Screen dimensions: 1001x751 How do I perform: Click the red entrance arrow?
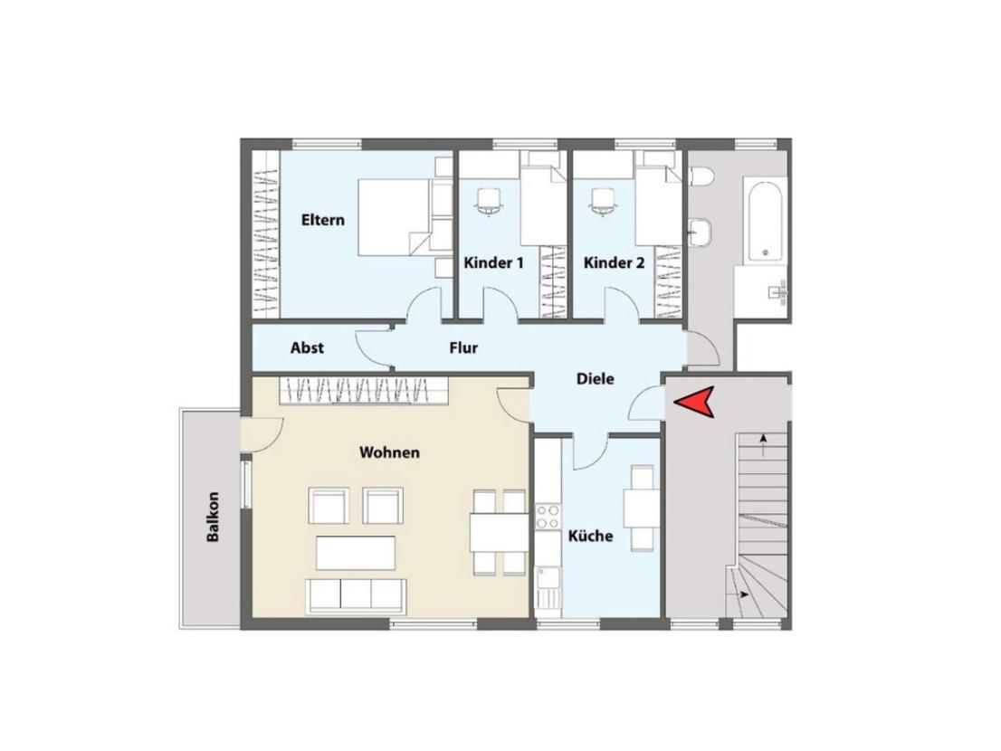point(696,403)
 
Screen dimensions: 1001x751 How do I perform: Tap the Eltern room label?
point(322,220)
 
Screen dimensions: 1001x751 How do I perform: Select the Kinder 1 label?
point(493,263)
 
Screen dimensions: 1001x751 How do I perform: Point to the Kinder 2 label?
point(615,263)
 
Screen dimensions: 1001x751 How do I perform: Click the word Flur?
point(463,348)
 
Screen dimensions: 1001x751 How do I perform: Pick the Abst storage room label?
point(307,348)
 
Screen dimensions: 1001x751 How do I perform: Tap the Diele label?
point(595,379)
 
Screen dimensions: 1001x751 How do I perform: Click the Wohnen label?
point(389,453)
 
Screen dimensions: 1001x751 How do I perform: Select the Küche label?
point(590,536)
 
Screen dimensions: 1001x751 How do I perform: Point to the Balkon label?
point(213,517)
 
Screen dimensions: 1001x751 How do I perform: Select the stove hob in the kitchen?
point(548,517)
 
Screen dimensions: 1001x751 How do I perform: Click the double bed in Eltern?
point(394,217)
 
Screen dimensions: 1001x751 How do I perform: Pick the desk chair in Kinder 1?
point(489,202)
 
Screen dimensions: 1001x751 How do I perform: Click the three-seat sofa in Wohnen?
point(357,594)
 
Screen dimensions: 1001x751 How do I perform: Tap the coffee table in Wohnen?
point(356,553)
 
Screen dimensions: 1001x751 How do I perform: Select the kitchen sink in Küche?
point(548,587)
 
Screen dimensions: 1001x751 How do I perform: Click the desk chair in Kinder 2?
point(604,202)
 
